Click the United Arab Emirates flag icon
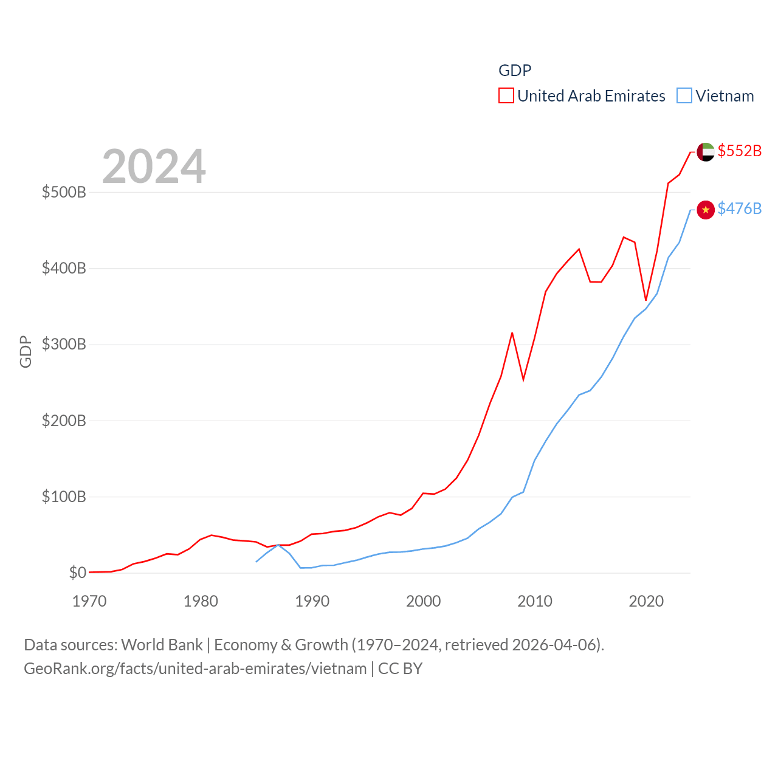coord(705,152)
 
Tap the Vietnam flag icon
coord(705,210)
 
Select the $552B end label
coord(739,151)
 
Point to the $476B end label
coord(739,208)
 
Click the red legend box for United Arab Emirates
coord(506,96)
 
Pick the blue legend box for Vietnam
coord(684,96)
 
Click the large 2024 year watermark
coord(154,167)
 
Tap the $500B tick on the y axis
coord(64,193)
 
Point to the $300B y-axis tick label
coord(64,345)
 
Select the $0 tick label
coord(77,573)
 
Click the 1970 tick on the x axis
coord(89,601)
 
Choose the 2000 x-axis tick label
coord(423,601)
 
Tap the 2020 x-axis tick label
coord(646,601)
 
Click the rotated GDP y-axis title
coord(26,351)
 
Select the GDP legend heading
coord(515,71)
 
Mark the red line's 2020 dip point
coord(646,300)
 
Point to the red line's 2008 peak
coord(512,333)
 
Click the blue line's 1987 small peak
coord(278,545)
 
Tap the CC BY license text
coord(400,669)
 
